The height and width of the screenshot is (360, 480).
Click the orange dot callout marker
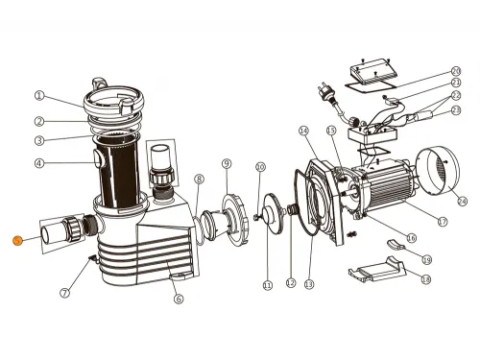(x=16, y=241)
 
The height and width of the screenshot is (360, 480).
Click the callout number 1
(x=39, y=95)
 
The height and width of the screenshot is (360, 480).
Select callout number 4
(x=39, y=163)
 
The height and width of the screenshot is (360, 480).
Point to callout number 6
(x=178, y=299)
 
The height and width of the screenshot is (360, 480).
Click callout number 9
(x=226, y=163)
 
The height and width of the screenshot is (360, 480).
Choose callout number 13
(x=308, y=285)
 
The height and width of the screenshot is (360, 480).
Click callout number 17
(x=443, y=222)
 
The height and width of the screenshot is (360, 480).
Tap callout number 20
(x=456, y=71)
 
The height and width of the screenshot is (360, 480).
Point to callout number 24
(x=461, y=201)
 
